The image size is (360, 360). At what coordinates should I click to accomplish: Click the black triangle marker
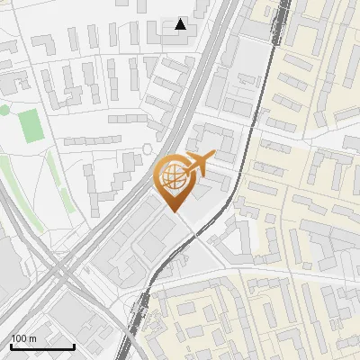(181, 23)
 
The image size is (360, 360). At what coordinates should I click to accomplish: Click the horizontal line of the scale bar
(42, 347)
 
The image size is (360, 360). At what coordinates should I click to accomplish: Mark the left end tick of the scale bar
(11, 345)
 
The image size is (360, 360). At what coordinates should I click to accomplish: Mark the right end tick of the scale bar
(74, 345)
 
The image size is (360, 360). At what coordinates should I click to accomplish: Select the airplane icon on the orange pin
(200, 162)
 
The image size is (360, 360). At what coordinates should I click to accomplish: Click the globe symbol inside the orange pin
(171, 175)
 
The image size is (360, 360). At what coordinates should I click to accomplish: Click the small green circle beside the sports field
(4, 110)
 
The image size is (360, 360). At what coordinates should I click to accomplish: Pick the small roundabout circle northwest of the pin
(148, 148)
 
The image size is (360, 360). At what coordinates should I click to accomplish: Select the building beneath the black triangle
(180, 39)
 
